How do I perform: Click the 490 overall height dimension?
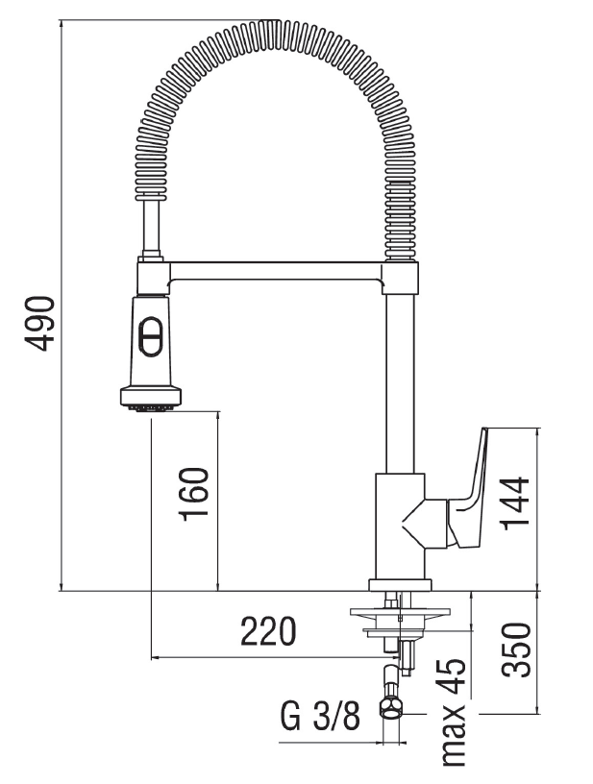point(39,324)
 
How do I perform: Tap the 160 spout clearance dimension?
point(194,494)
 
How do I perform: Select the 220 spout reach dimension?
point(268,631)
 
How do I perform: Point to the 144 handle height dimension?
point(514,503)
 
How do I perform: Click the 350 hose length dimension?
point(516,650)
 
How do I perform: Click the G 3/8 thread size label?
point(320,717)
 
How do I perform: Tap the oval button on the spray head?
point(151,336)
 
